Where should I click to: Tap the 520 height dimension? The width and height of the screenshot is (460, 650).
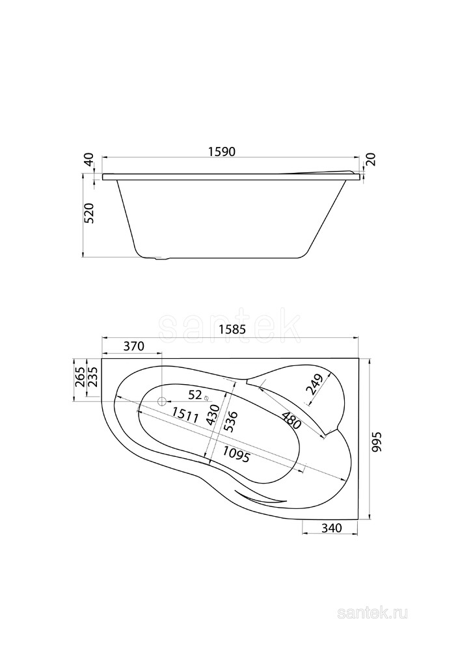point(90,213)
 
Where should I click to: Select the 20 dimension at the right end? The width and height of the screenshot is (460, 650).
point(370,159)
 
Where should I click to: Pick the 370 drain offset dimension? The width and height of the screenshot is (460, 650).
point(133,346)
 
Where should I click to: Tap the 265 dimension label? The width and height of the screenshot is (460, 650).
point(79,377)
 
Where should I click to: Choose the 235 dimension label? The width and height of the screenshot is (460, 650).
point(92,377)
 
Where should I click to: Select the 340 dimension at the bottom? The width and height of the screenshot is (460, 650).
point(332,528)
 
